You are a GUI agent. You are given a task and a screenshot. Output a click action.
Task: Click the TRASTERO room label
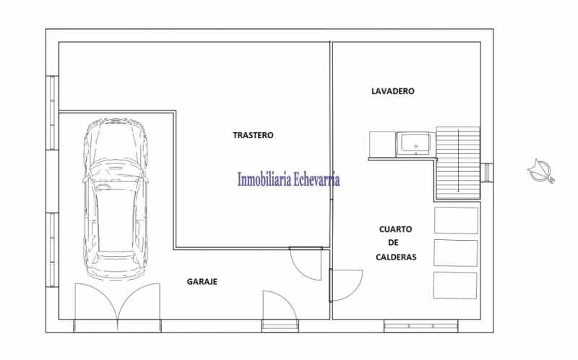pyautogui.click(x=254, y=135)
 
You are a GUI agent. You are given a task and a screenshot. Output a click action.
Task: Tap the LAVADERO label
pyautogui.click(x=393, y=91)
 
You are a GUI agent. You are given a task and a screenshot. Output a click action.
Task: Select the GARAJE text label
pyautogui.click(x=202, y=282)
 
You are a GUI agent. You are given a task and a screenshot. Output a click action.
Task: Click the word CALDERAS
pyautogui.click(x=396, y=257)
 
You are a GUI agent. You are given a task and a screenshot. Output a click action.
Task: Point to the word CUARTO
pyautogui.click(x=395, y=229)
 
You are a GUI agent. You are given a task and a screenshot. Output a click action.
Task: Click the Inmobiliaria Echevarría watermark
pyautogui.click(x=288, y=179)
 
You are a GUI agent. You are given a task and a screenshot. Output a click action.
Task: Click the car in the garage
pyautogui.click(x=116, y=199)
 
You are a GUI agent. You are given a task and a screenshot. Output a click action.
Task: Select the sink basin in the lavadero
pyautogui.click(x=415, y=144)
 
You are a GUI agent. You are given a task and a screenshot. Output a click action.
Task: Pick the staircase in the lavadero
pyautogui.click(x=458, y=163)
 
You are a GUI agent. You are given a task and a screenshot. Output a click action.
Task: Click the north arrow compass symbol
pyautogui.click(x=540, y=171)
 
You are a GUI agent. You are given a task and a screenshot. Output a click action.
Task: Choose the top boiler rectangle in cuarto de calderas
pyautogui.click(x=457, y=220)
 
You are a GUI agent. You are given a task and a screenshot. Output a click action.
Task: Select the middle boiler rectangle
pyautogui.click(x=456, y=253)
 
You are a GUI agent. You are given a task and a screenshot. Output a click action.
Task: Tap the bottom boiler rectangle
pyautogui.click(x=455, y=285)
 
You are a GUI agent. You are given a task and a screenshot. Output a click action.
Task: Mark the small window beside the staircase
pyautogui.click(x=488, y=172)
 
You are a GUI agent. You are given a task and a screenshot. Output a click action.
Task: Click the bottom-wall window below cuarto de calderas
pyautogui.click(x=420, y=326)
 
